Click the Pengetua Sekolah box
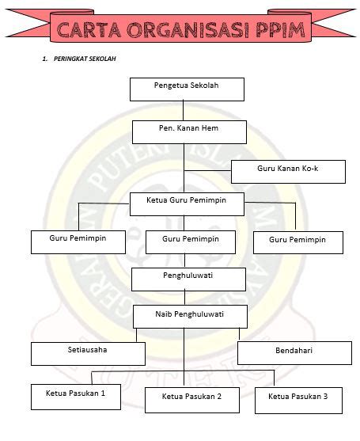point(187,89)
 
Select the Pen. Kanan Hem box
point(189,132)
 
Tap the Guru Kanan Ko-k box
point(288,172)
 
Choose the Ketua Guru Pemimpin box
point(187,204)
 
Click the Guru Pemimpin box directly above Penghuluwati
point(191,242)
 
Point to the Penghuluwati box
point(188,279)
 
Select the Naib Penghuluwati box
point(190,317)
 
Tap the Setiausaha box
point(89,354)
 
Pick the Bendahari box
point(295,353)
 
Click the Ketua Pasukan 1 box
point(76,397)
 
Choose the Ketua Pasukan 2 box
point(192,400)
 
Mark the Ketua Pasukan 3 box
point(299,401)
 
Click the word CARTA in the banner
point(89,30)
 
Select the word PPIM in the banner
point(280,30)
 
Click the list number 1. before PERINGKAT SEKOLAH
point(44,59)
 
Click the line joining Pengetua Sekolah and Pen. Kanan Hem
point(184,111)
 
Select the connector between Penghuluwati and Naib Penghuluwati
point(184,298)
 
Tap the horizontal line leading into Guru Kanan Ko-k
point(207,170)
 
